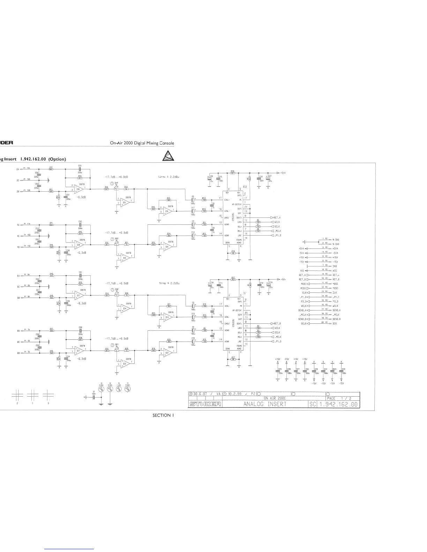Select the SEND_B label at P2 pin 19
[x=302, y=319]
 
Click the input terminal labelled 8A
[x=18, y=330]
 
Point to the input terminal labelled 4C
[x=18, y=236]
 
